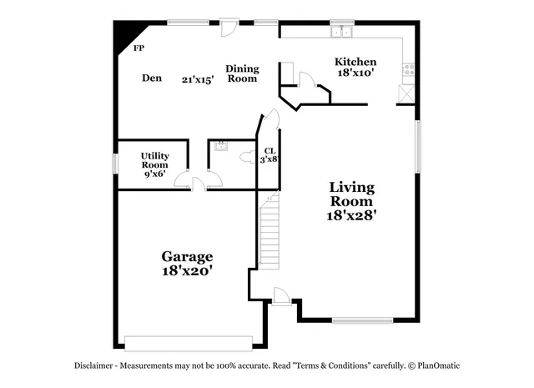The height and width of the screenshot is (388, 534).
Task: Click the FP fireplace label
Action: [x=139, y=48]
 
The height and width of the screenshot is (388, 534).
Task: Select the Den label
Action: [x=151, y=78]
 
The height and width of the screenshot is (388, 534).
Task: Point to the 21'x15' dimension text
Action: [x=198, y=80]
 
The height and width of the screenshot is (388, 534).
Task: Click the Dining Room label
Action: [x=242, y=73]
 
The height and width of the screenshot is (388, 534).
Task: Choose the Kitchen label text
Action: [x=355, y=62]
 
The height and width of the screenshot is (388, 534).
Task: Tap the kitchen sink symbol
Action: [x=341, y=33]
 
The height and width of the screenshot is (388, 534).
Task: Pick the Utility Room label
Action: [x=155, y=160]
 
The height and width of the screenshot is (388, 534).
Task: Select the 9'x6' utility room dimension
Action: [x=155, y=174]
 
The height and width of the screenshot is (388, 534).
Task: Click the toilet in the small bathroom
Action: [x=247, y=156]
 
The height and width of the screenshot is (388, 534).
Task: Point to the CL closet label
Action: [x=270, y=151]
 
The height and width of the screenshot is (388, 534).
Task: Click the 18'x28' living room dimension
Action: [x=351, y=214]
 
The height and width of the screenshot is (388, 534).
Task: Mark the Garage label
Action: [x=187, y=256]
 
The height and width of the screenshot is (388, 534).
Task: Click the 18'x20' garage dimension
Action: [x=187, y=271]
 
